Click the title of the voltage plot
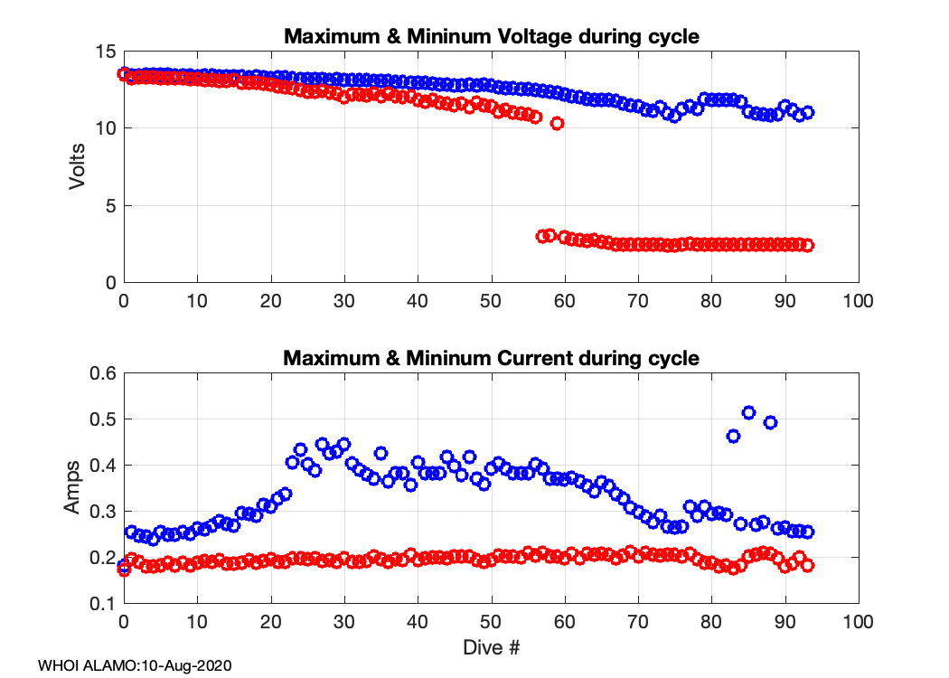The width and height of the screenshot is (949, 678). pos(491,37)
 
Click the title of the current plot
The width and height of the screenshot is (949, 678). pos(491,358)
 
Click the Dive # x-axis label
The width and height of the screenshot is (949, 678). pos(491,647)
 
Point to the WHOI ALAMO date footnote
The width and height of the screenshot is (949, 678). pos(136,666)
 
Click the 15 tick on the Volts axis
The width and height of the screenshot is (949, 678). pos(106,52)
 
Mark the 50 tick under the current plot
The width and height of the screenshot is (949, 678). pos(491,621)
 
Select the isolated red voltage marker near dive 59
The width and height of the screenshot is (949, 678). pos(558,123)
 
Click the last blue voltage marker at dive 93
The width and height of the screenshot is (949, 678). pos(807,112)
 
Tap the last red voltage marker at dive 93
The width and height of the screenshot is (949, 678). pos(807,245)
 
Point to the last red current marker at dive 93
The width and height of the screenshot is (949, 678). pos(807,565)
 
